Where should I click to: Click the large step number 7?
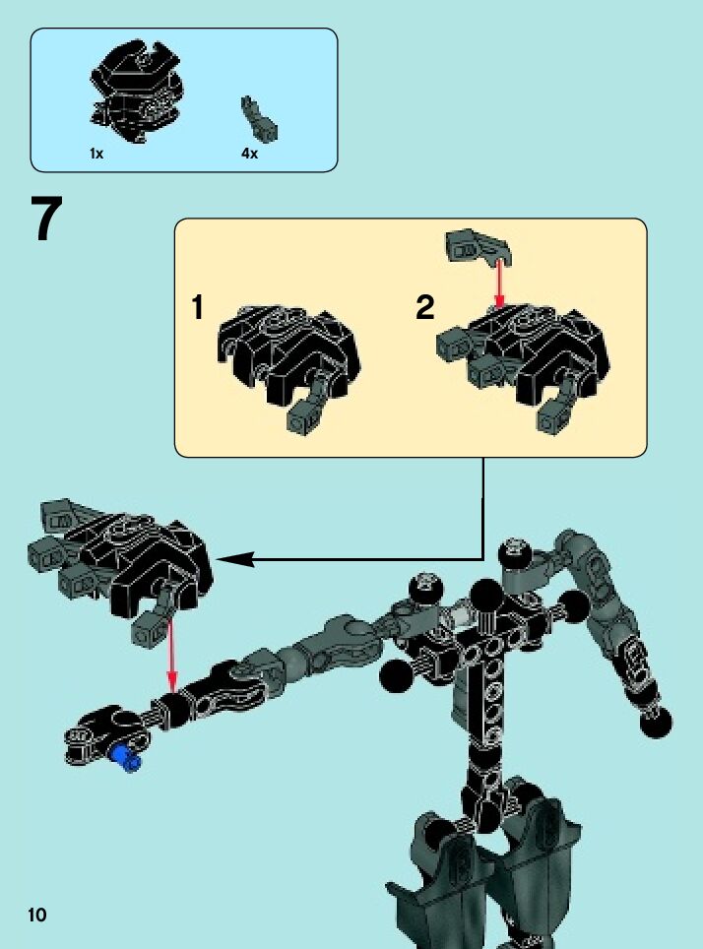tap(47, 221)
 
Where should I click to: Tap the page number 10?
tap(37, 915)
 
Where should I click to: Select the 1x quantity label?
tap(96, 155)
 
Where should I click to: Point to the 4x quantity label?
tap(249, 155)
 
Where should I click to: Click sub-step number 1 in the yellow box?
tap(198, 308)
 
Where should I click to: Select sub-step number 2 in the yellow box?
tap(424, 308)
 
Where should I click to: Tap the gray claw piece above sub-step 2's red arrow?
tap(475, 246)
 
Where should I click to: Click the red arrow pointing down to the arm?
tap(172, 655)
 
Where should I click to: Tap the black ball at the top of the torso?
tap(485, 597)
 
